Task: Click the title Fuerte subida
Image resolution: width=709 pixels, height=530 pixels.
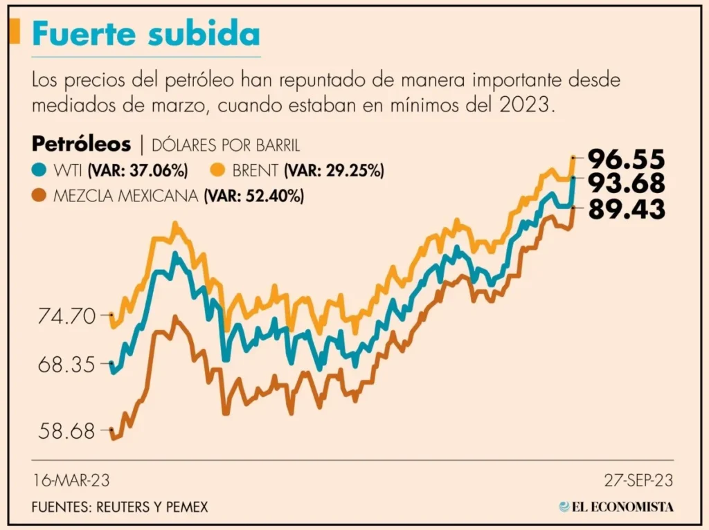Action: tap(147, 34)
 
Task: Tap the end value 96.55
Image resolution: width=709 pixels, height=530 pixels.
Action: tap(627, 159)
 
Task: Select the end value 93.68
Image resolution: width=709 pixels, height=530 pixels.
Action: tap(627, 183)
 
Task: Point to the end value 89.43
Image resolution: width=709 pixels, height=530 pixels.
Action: tap(627, 208)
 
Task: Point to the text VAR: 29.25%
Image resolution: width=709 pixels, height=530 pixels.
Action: tap(334, 170)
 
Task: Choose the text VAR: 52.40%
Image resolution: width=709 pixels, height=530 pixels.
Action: tap(253, 196)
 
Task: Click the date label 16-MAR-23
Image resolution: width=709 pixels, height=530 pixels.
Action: tap(71, 479)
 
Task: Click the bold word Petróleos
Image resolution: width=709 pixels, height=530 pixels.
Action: tap(81, 145)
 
